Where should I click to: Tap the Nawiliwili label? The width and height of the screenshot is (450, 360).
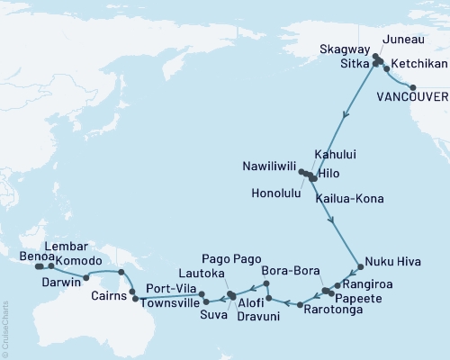click(x=267, y=167)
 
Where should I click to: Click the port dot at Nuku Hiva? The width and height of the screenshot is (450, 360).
click(x=361, y=266)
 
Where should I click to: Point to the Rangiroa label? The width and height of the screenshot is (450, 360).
click(x=366, y=285)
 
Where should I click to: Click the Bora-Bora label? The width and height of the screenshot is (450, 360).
click(x=286, y=270)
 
